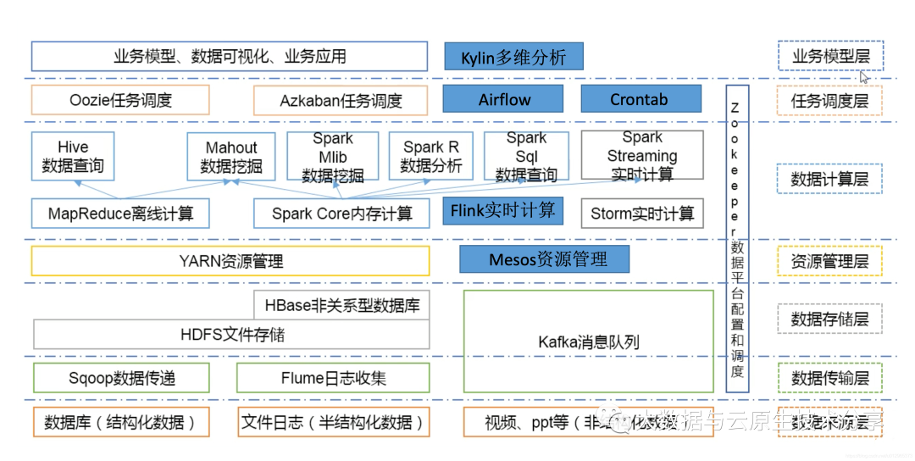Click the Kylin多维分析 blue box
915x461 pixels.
tap(513, 58)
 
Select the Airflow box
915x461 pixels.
tap(504, 99)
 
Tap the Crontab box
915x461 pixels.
tap(640, 99)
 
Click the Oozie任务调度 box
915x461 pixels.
tap(120, 100)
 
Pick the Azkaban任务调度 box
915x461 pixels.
tap(341, 101)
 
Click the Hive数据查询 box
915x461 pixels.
tap(73, 156)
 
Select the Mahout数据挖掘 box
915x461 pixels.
tap(231, 157)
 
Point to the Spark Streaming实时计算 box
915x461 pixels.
tap(642, 155)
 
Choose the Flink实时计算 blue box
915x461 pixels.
tap(503, 210)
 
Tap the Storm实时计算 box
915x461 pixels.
tap(642, 214)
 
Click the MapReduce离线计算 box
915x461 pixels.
tap(120, 214)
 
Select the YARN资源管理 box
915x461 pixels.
tap(230, 261)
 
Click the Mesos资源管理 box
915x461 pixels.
tap(545, 259)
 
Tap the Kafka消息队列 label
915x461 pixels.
tap(589, 342)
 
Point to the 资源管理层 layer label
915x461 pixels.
tap(829, 261)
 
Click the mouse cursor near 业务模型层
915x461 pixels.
tap(864, 77)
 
